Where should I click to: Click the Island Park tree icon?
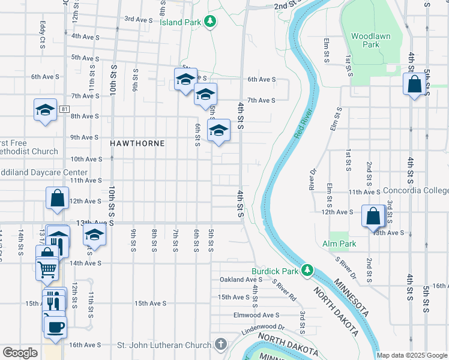pos(209,22)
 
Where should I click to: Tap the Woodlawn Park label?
pos(370,40)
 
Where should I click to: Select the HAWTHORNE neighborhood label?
pos(137,144)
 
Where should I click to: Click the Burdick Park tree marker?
pos(307,271)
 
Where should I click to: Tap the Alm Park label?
pos(339,244)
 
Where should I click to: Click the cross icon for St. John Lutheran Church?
pos(221,344)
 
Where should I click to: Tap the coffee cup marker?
pos(55,327)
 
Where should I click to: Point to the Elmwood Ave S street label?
pos(257,315)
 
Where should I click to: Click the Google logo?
pos(20,353)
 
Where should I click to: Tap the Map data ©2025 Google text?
pos(412,355)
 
